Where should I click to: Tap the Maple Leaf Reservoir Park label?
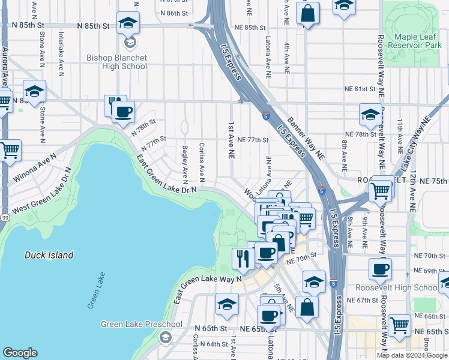coord(415,41)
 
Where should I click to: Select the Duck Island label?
coord(49,255)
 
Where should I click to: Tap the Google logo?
coord(20,353)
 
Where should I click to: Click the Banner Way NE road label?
coord(306,138)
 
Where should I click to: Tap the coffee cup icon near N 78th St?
coord(124,112)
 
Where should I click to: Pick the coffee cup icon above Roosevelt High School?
coord(379,269)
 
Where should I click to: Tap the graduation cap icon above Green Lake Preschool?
coord(227,306)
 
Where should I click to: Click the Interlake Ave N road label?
coord(61,53)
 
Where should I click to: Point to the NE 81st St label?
coord(360,89)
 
